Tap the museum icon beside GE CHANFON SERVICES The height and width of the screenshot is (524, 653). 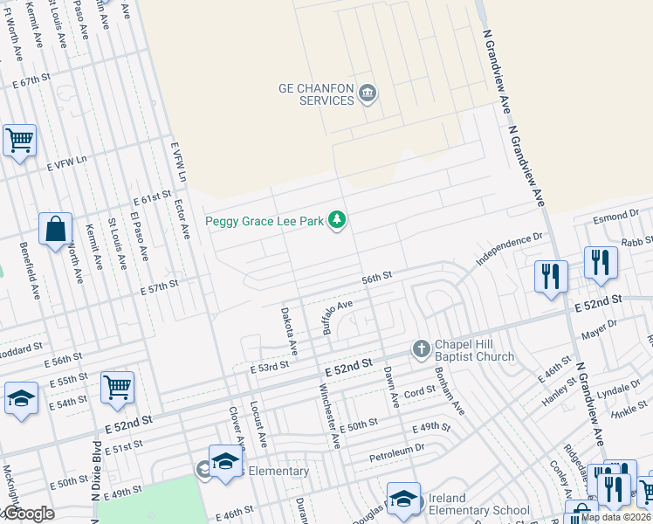tap(368, 93)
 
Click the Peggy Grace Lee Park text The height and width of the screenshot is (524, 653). tap(265, 222)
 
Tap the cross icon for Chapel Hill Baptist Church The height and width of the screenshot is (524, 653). tap(421, 349)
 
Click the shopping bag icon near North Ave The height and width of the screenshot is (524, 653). tap(55, 230)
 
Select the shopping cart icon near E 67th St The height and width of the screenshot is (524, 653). tap(19, 140)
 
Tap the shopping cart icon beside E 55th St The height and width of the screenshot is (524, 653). tap(117, 387)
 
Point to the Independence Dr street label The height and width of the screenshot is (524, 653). tap(509, 250)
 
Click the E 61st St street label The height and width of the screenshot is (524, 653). tap(154, 197)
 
